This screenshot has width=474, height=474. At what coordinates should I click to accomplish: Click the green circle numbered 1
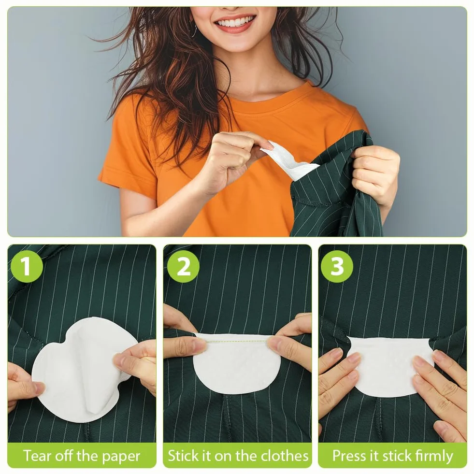click(x=27, y=266)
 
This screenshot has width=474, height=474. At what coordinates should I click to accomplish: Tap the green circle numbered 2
click(x=183, y=266)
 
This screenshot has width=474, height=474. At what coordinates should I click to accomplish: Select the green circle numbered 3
click(x=337, y=266)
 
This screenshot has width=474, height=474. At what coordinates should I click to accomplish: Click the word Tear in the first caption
click(x=36, y=456)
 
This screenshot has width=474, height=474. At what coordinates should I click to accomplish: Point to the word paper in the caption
click(x=121, y=457)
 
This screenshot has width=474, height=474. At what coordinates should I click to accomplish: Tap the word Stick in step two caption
click(x=183, y=456)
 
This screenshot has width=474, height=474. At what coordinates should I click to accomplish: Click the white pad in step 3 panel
click(x=390, y=366)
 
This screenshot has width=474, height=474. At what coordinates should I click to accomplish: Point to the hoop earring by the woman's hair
click(x=194, y=30)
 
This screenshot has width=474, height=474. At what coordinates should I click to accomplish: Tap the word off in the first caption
click(x=63, y=456)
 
